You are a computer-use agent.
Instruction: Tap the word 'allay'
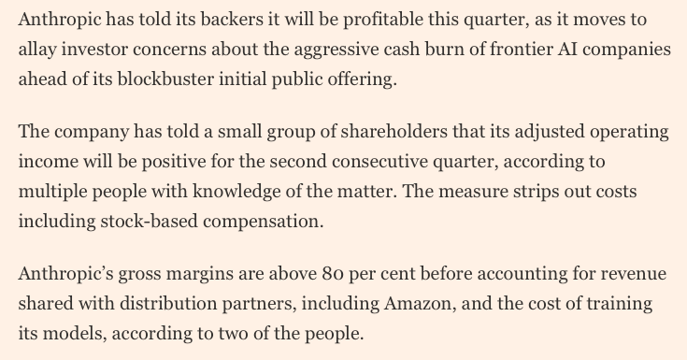pos(37,50)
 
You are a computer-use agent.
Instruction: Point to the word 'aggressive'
pos(336,50)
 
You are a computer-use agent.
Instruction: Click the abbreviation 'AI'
pos(568,50)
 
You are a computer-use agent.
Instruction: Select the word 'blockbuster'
pos(165,79)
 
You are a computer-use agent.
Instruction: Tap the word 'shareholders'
pos(394,132)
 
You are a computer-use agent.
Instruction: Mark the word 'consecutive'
pos(379,162)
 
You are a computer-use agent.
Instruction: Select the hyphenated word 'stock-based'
pos(149,222)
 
